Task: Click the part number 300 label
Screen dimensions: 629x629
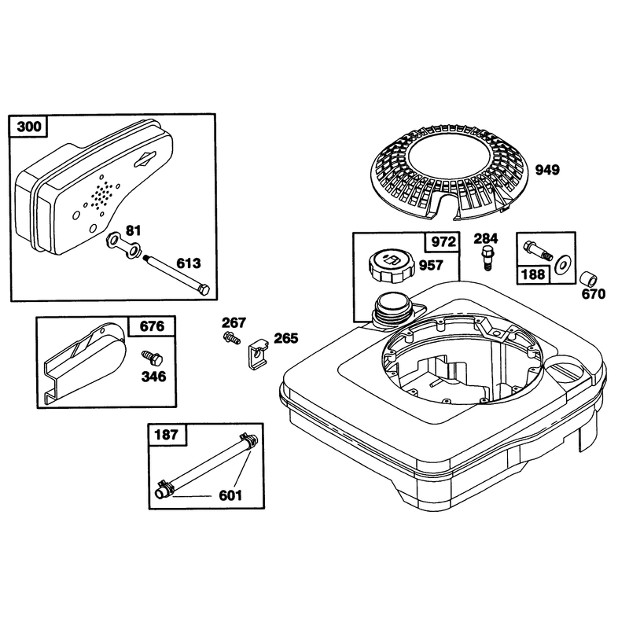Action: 29,127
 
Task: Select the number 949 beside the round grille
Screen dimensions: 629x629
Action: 547,170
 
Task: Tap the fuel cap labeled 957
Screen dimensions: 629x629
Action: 391,266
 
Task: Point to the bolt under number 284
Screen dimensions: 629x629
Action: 487,259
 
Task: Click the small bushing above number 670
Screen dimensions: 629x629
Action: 589,278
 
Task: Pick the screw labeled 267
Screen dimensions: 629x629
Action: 231,337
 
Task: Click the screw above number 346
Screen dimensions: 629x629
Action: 152,358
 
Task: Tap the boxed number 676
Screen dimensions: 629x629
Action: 152,326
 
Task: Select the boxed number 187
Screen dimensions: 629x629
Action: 167,435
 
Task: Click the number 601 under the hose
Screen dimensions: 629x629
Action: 230,496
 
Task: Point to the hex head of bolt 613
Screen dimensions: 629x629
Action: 204,289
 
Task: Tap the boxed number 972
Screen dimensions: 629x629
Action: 443,242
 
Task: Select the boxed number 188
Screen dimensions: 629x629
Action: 533,274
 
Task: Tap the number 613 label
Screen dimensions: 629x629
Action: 189,263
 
